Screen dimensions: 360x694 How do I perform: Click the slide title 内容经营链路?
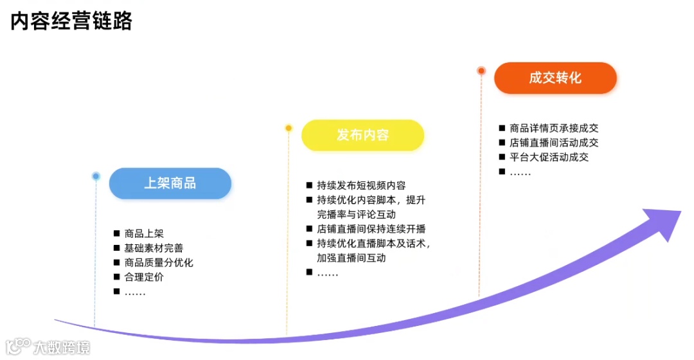[71, 21]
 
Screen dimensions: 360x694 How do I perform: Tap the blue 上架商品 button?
[170, 183]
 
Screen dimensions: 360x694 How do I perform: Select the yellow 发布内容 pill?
[362, 135]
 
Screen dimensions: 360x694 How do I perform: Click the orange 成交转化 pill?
[555, 78]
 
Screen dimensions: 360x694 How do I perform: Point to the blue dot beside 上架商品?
[96, 175]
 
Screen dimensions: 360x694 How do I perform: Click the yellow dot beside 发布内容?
[289, 128]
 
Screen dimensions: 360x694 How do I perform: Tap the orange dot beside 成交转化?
[481, 71]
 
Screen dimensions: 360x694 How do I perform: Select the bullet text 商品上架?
[144, 233]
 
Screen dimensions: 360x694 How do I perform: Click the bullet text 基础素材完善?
[154, 248]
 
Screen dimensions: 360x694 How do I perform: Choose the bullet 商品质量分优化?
[159, 263]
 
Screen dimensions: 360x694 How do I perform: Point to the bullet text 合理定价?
[144, 278]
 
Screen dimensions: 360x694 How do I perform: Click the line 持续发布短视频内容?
[361, 186]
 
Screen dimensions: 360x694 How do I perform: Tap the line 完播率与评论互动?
[356, 214]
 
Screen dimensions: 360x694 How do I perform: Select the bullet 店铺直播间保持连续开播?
[371, 229]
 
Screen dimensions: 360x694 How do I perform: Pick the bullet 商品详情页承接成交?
[554, 129]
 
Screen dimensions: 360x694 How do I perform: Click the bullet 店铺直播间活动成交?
[554, 143]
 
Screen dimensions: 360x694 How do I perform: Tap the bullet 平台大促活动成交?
[549, 157]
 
